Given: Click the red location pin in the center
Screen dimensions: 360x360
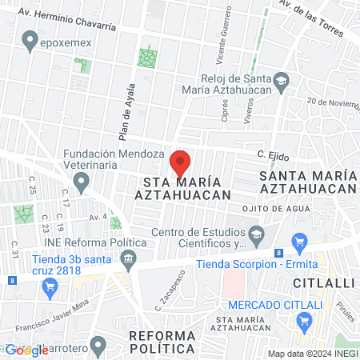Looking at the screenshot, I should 181,162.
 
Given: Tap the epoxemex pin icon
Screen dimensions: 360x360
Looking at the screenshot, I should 30,38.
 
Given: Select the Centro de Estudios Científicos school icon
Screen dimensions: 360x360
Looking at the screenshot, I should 256,234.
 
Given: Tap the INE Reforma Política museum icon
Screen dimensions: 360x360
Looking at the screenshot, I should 128,258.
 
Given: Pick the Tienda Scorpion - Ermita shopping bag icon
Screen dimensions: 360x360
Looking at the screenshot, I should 300,242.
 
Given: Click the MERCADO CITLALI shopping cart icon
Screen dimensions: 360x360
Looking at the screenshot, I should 304,322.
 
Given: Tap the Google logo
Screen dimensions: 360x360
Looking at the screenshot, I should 26,350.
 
